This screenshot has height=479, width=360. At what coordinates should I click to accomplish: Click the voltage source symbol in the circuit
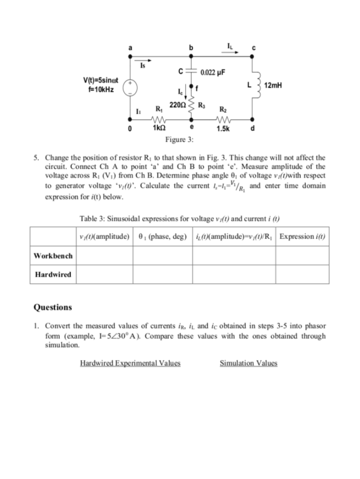[130, 87]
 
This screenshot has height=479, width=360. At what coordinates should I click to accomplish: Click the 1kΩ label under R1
[157, 128]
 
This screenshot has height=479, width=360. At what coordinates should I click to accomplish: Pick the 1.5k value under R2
[223, 129]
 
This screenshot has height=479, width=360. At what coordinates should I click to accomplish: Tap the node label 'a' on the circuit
[130, 48]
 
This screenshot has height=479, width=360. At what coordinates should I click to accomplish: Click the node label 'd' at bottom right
[253, 129]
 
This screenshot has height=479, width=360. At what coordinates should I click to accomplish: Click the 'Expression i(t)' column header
[302, 236]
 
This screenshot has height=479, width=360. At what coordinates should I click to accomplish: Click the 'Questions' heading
[53, 307]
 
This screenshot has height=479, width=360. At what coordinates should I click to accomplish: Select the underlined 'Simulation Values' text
[248, 363]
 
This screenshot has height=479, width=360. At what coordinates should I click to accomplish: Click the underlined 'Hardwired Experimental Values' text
[130, 363]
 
